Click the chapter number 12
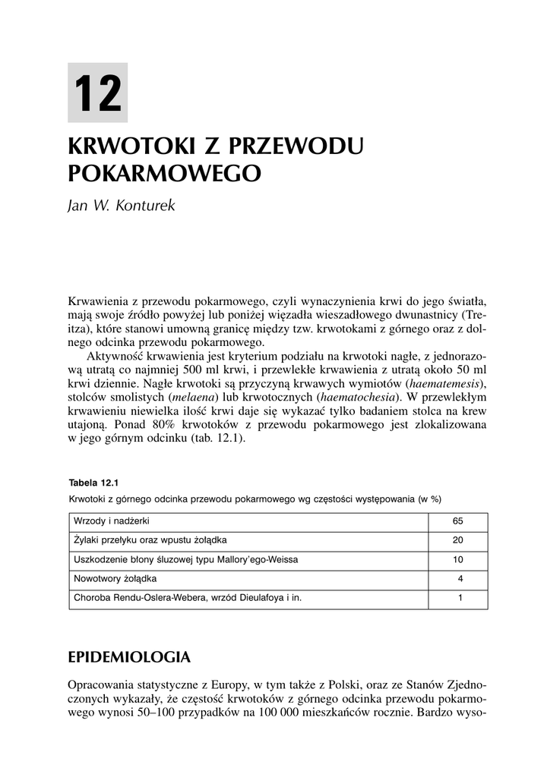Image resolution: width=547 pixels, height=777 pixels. tap(98, 93)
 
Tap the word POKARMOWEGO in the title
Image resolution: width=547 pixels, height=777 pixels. tap(165, 173)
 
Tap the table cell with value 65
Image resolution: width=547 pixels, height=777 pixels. tap(457, 522)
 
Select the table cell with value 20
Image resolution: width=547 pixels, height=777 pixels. tap(457, 541)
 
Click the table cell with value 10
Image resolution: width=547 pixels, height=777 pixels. tap(457, 560)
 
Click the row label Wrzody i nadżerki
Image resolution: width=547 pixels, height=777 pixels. tap(111, 522)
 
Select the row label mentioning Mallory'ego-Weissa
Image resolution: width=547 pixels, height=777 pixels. tap(185, 560)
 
